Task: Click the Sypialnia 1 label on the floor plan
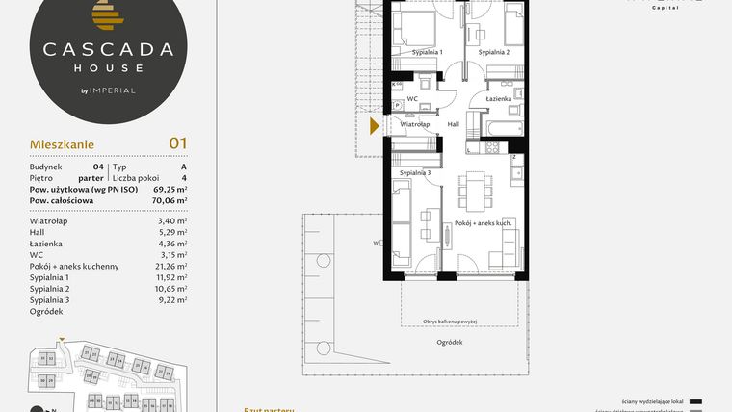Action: tap(427, 51)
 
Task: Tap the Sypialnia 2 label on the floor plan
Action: tap(494, 51)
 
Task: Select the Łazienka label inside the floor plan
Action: tap(498, 99)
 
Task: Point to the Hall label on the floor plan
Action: tap(454, 124)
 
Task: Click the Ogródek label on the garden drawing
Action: tap(450, 343)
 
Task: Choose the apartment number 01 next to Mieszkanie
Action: tap(177, 143)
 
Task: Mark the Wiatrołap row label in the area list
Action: tap(48, 221)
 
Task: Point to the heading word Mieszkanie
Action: tap(61, 145)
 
